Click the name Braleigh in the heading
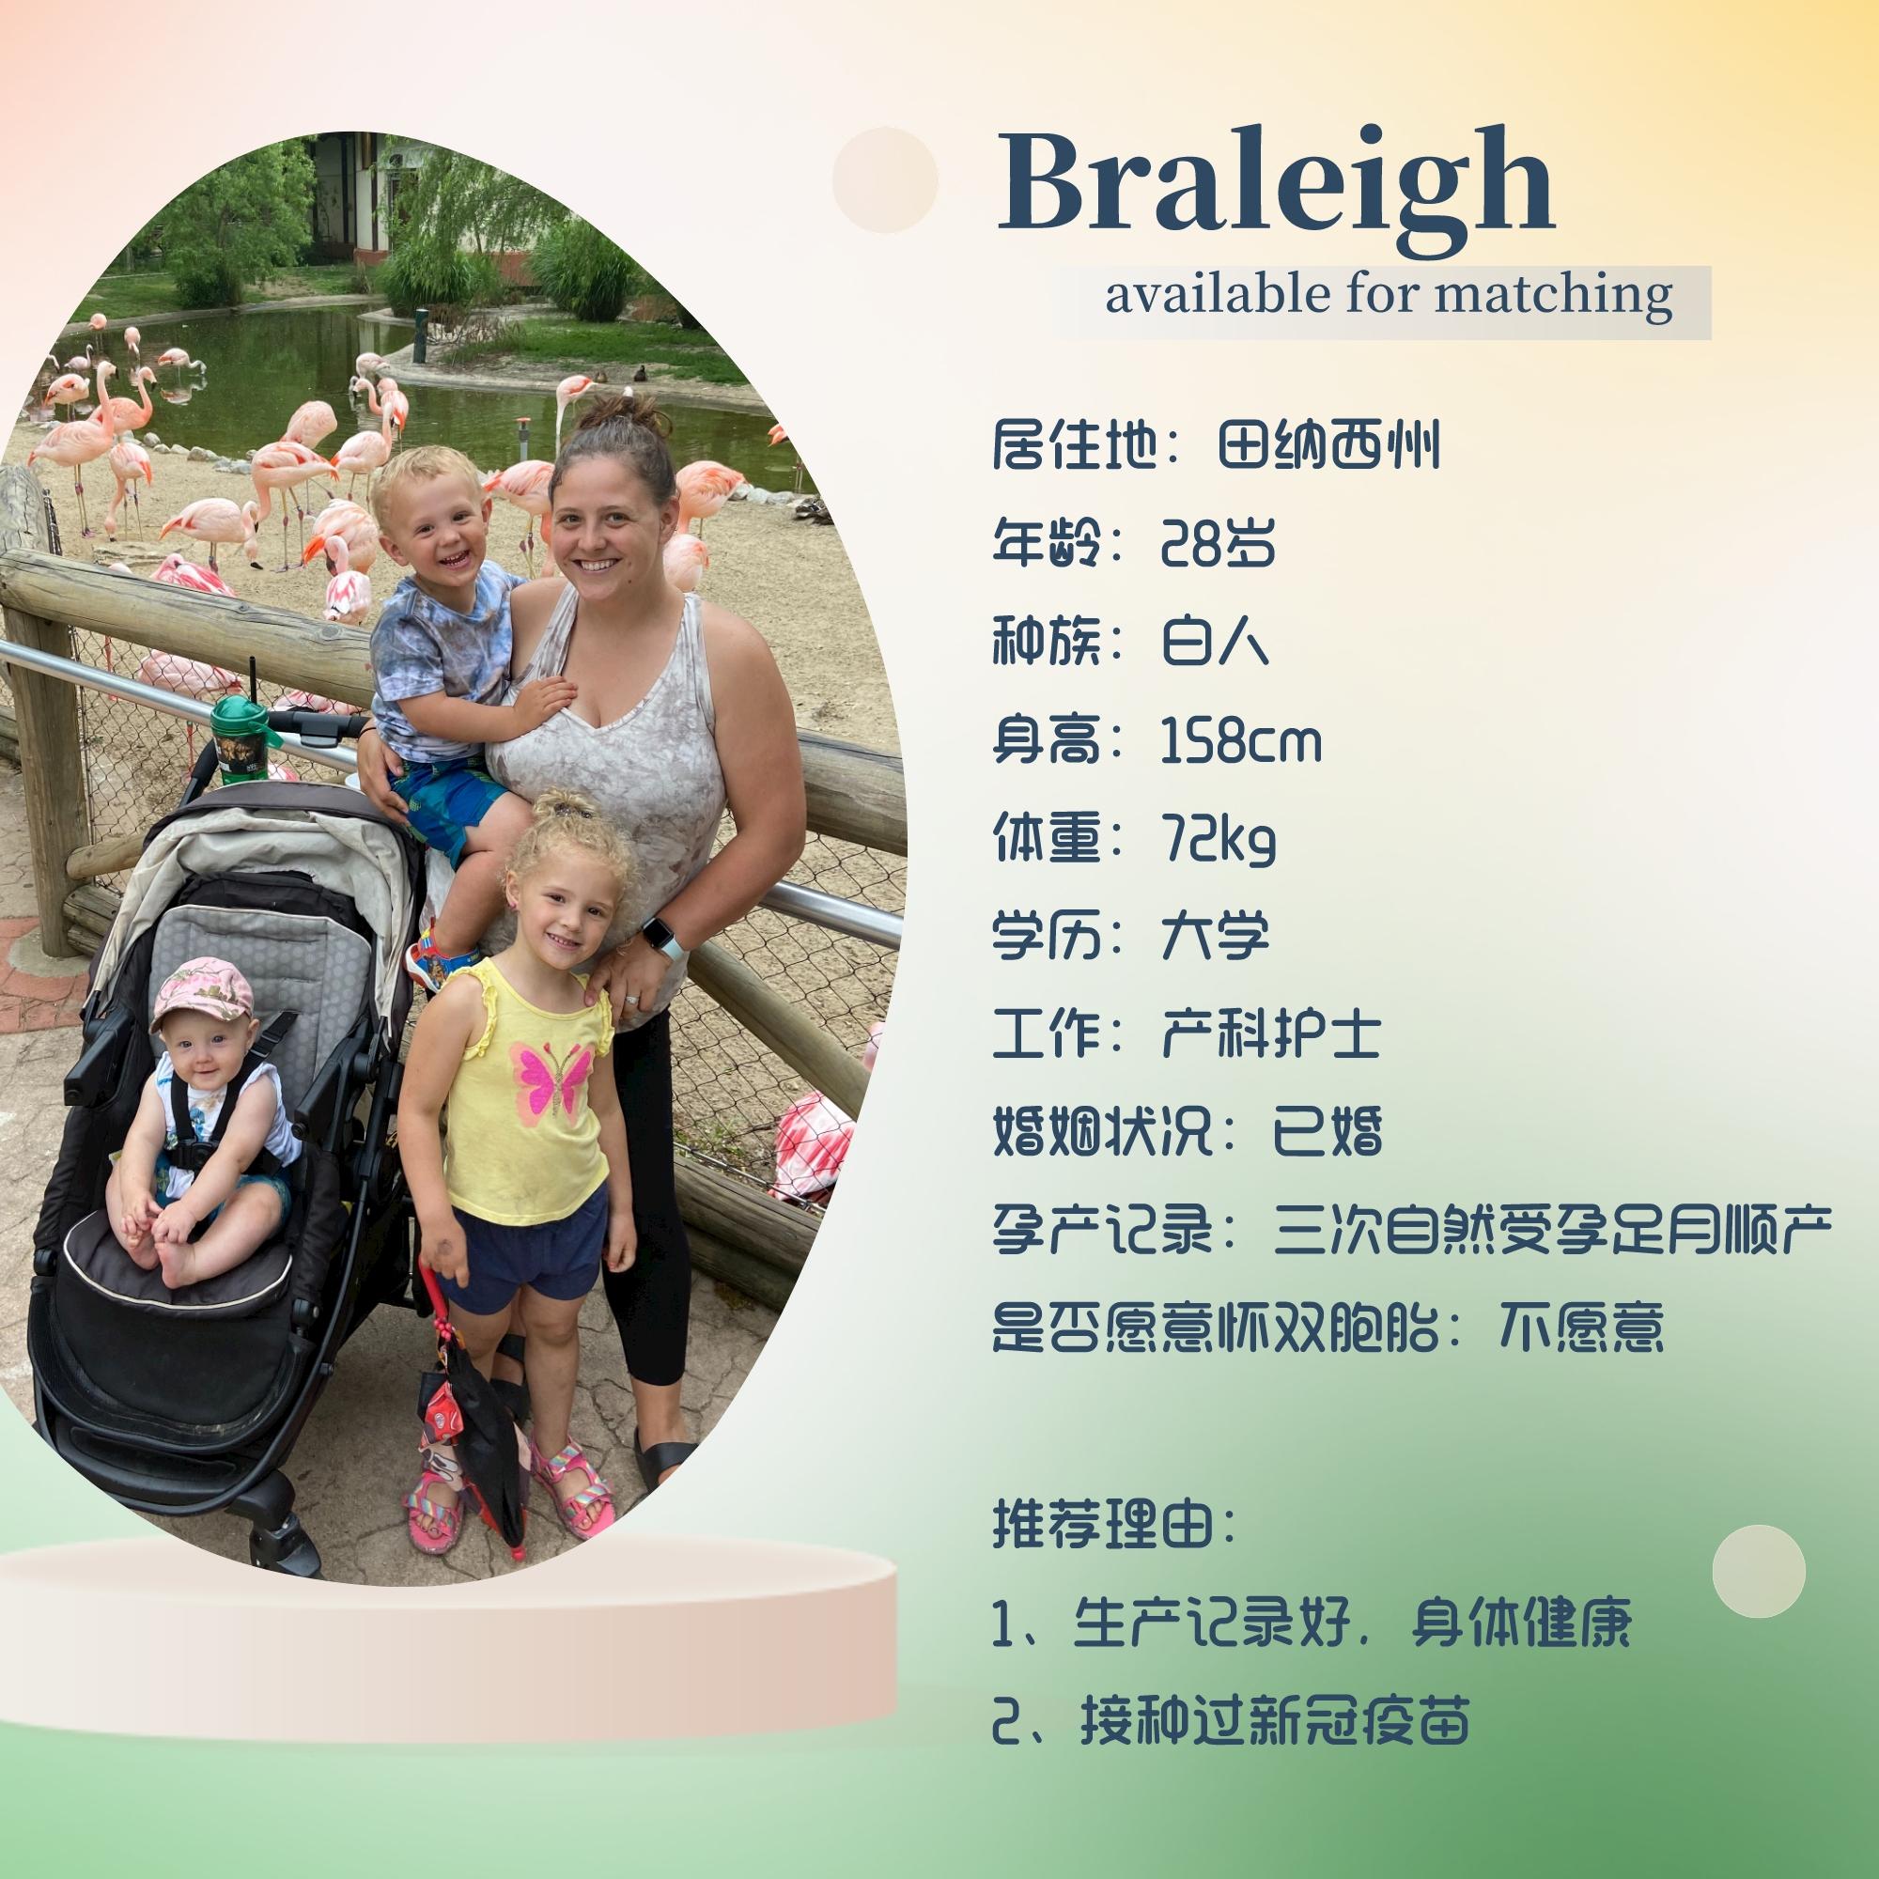pos(1276,185)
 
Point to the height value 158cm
pos(1242,741)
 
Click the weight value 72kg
pos(1218,840)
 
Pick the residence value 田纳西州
pos(1328,446)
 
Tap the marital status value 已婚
pos(1328,1132)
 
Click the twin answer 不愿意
pos(1581,1328)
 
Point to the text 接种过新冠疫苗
pos(1274,1721)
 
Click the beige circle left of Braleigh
pos(885,180)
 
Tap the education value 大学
pos(1216,936)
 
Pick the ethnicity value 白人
pos(1216,643)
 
